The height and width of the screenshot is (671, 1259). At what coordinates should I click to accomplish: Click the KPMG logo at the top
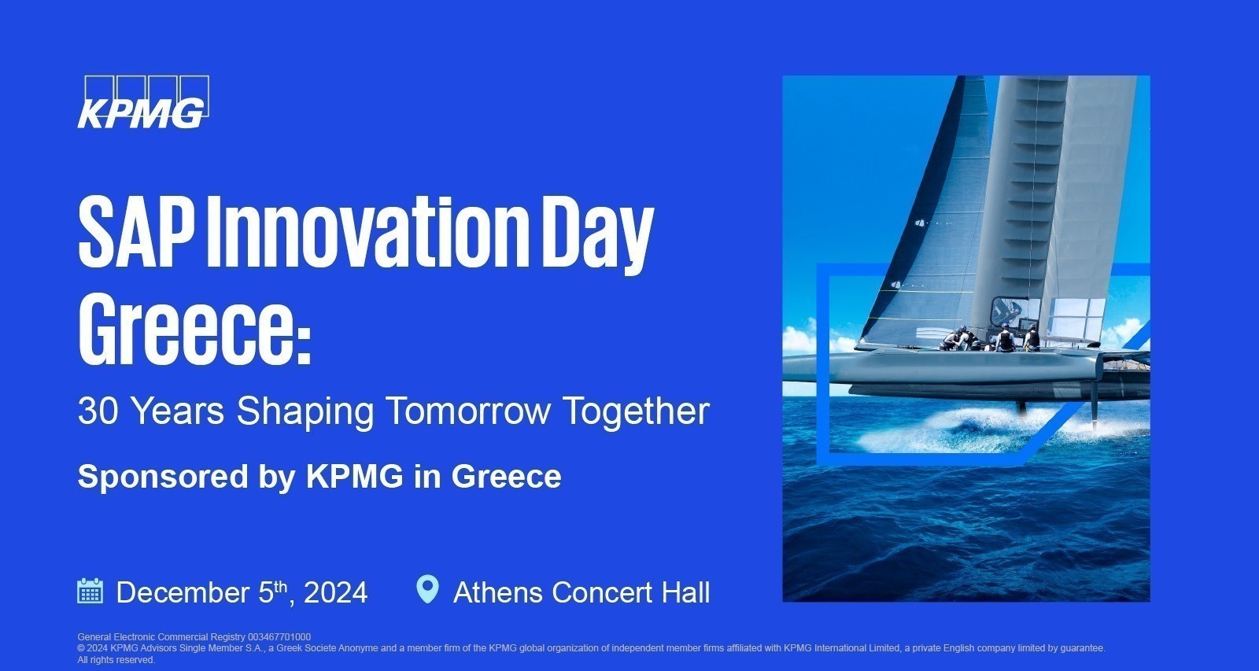click(142, 102)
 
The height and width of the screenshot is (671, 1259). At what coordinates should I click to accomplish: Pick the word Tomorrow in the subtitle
click(468, 411)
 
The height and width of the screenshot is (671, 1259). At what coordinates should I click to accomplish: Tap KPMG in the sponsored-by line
click(354, 477)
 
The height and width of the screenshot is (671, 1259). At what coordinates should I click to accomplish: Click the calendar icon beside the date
click(90, 591)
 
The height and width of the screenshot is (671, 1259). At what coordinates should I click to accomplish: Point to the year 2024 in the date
click(335, 592)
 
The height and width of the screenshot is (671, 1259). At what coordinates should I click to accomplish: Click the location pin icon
click(426, 589)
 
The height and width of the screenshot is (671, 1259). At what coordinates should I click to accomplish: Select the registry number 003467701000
click(279, 637)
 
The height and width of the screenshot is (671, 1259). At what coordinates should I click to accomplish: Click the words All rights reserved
click(116, 660)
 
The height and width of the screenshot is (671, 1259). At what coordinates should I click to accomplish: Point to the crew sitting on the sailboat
click(991, 339)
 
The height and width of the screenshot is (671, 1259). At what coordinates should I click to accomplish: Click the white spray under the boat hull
click(968, 421)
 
